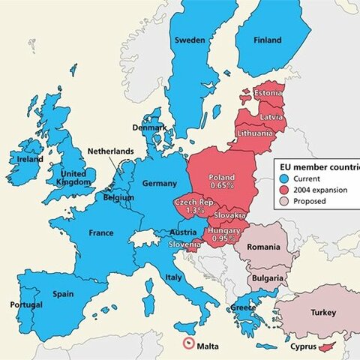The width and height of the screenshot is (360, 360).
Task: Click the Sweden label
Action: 190,40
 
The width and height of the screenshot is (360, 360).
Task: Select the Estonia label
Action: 268,93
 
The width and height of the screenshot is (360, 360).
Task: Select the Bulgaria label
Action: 267,279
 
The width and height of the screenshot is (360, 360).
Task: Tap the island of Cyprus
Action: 326,347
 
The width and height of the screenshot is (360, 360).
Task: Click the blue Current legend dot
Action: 284,179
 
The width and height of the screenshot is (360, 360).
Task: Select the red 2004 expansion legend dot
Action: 284,190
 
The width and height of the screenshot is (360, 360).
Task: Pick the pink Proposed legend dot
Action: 284,202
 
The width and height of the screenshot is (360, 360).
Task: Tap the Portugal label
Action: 25,305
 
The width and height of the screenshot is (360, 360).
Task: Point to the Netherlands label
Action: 110,151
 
